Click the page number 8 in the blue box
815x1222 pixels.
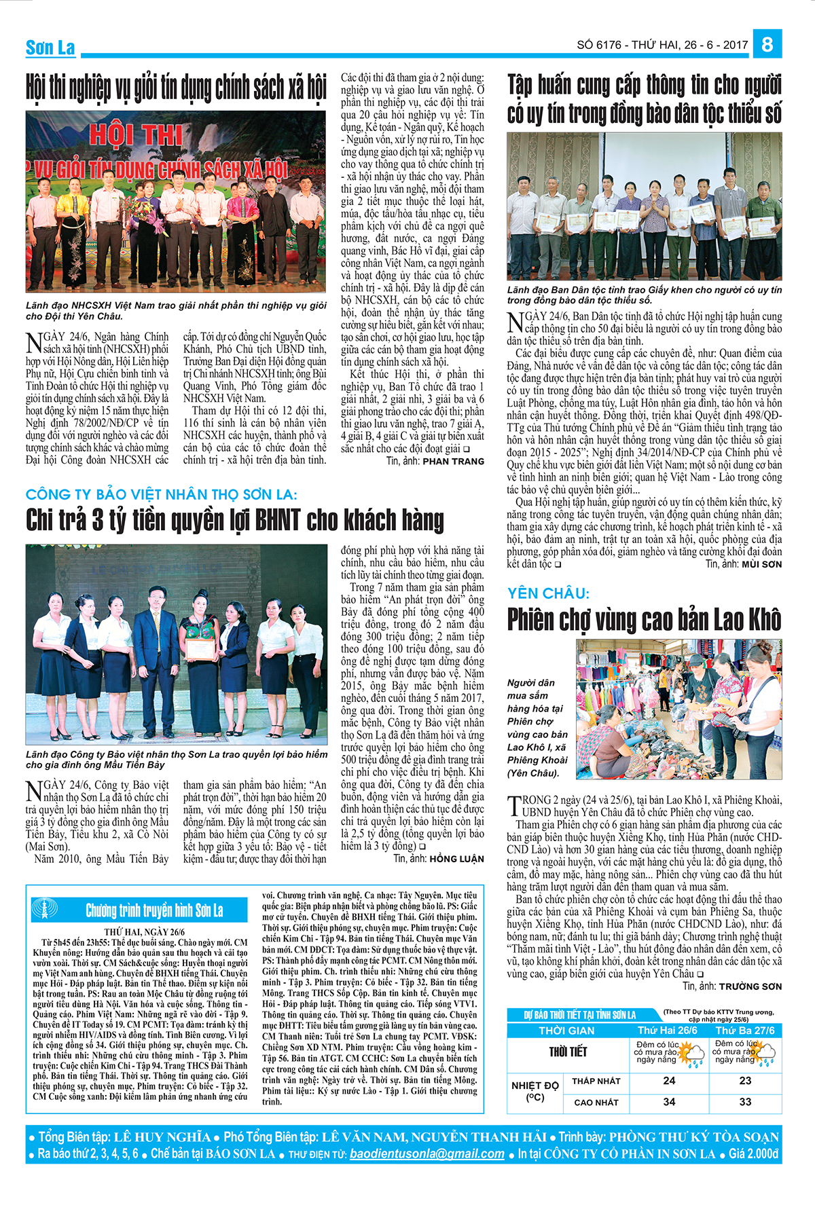tap(767, 44)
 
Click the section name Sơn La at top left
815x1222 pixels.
tap(50, 48)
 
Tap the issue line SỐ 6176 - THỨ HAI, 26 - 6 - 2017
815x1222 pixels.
tap(662, 45)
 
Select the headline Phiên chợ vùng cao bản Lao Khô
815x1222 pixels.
tap(644, 619)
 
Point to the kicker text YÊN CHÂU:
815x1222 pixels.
tap(548, 593)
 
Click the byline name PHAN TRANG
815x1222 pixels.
tap(453, 461)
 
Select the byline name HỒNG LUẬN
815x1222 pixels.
tap(456, 859)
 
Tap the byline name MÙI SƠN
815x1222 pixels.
tap(761, 564)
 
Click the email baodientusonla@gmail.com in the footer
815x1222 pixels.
tap(427, 1153)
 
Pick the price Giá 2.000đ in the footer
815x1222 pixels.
tap(753, 1153)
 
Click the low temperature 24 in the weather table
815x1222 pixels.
tap(669, 1081)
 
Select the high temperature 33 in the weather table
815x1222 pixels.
tap(745, 1101)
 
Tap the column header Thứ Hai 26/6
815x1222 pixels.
tap(668, 1030)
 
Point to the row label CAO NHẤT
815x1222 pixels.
tap(596, 1102)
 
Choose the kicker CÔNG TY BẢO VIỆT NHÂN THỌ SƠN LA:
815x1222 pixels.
tap(161, 495)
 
